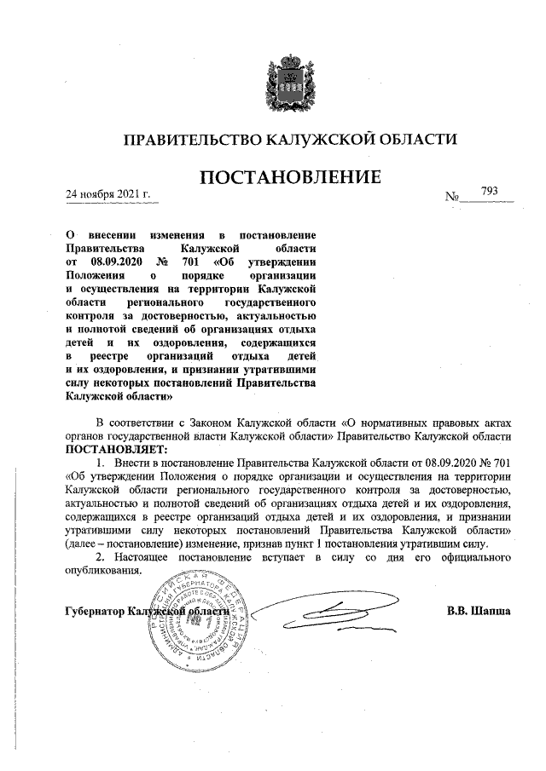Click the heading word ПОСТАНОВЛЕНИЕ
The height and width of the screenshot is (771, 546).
(x=288, y=178)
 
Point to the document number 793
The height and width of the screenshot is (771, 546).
(x=490, y=191)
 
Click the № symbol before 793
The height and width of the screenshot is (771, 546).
(x=452, y=197)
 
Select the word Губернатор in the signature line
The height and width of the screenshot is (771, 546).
(x=94, y=612)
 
